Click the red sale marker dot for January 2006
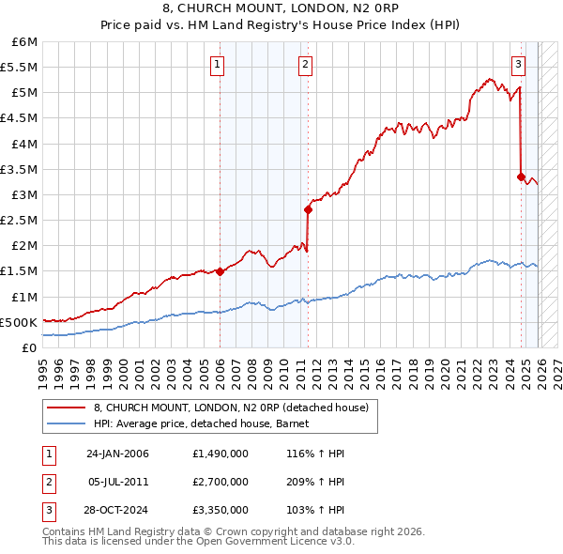[x=220, y=271]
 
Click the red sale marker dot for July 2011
[x=307, y=210]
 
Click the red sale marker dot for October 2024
[x=521, y=176]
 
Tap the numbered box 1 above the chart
[x=217, y=65]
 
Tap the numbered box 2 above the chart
[x=306, y=65]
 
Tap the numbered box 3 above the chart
[x=518, y=65]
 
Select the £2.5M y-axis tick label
[x=21, y=221]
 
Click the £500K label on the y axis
[x=19, y=322]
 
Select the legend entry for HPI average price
[x=207, y=424]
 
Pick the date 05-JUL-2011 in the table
[x=119, y=482]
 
